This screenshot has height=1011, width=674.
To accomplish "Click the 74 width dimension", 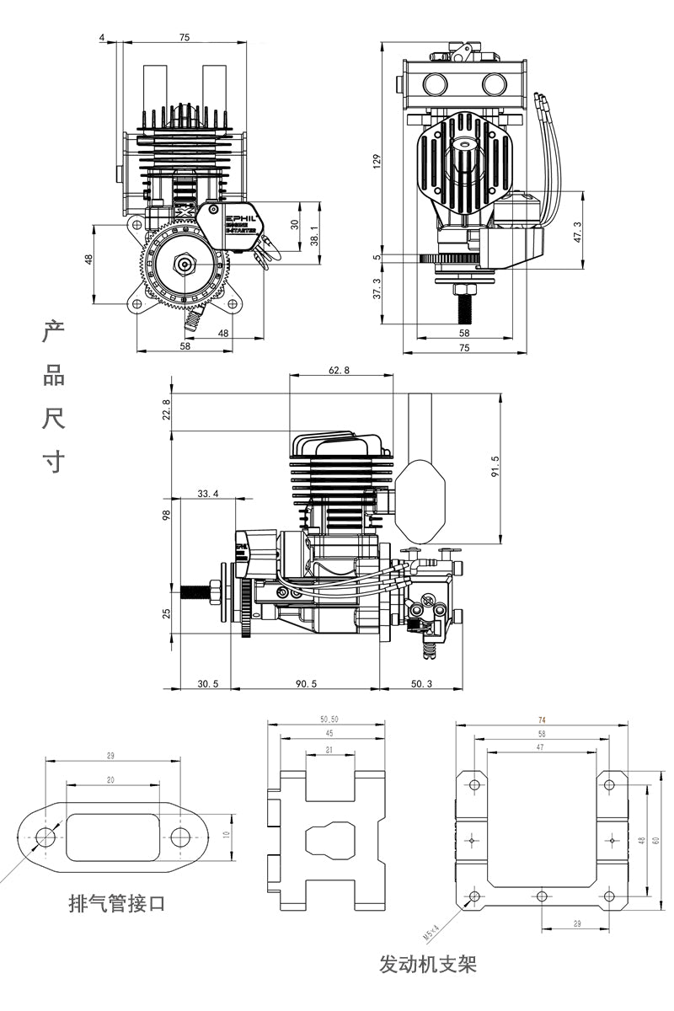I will [x=541, y=719].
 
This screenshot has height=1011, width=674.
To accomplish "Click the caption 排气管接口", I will [x=116, y=904].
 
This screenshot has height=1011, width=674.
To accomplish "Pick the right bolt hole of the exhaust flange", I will [x=180, y=837].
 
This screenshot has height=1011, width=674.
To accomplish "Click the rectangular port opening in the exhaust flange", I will [x=112, y=837].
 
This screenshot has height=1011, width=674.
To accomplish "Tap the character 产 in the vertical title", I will [x=54, y=332].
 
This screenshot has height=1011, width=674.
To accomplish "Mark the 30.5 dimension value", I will [x=207, y=683].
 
